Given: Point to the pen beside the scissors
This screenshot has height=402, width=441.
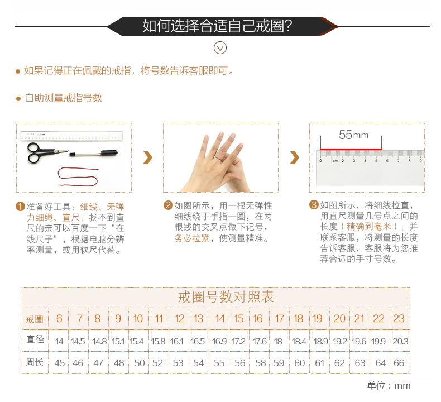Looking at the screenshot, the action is (x=93, y=154).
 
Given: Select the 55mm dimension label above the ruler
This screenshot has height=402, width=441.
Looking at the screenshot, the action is (x=353, y=135).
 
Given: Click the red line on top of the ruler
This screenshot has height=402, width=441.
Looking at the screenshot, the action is (x=351, y=149).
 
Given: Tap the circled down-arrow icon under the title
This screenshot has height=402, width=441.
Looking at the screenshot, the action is (x=220, y=48).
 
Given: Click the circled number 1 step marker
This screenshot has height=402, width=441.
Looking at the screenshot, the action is (x=20, y=207).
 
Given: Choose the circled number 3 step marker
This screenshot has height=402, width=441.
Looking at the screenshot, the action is (x=314, y=205).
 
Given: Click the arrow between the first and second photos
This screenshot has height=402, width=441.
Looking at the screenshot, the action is (x=148, y=157).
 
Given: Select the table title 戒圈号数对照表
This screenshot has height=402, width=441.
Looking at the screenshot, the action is (x=226, y=297).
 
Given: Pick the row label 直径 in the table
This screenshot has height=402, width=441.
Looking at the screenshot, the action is (x=35, y=339).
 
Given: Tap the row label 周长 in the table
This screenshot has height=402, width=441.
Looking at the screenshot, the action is (x=35, y=362).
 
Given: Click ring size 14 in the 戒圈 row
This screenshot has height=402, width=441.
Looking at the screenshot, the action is (x=219, y=319).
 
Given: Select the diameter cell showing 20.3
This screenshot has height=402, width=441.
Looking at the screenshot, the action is (x=400, y=342).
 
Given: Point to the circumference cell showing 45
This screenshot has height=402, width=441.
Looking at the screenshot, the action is (x=60, y=363).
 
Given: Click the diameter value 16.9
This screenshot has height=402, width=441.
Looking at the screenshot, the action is (x=219, y=342).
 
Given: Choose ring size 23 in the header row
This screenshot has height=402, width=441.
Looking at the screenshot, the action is (x=399, y=319).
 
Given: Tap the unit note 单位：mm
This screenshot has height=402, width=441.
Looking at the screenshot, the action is (x=389, y=385).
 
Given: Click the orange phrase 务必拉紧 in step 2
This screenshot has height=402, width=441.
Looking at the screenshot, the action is (x=192, y=238).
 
